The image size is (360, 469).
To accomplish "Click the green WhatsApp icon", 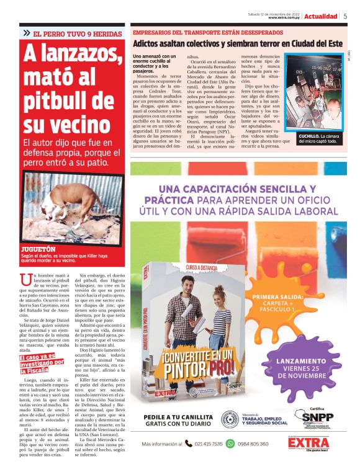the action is (x=230, y=444).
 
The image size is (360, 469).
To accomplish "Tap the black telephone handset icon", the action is (x=188, y=444).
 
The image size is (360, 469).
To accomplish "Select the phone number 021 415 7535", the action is (x=209, y=444).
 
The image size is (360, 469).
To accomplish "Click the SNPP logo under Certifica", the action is (x=317, y=417).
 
